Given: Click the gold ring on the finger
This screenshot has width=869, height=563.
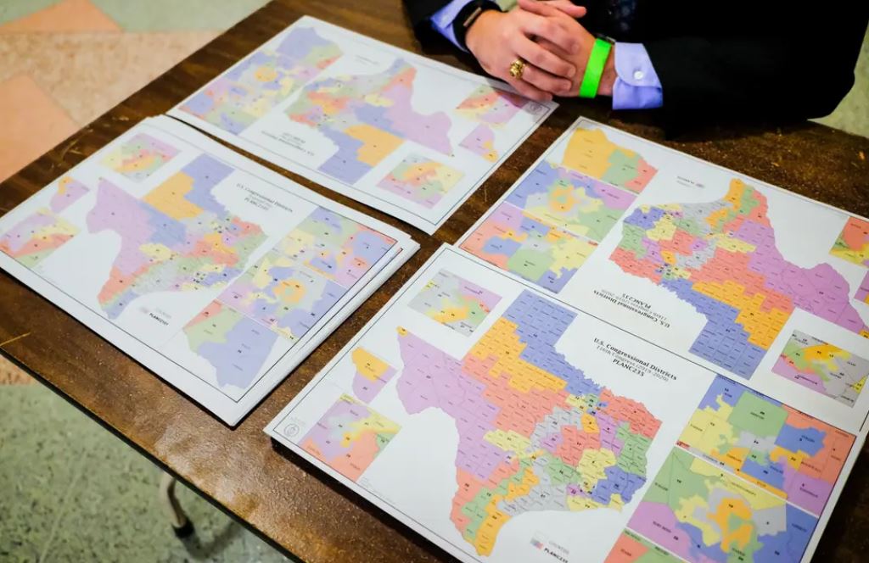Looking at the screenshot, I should (517, 69).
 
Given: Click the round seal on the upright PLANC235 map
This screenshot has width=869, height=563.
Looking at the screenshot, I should (292, 430).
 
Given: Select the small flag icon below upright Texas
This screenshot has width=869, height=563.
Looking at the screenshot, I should (537, 542).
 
